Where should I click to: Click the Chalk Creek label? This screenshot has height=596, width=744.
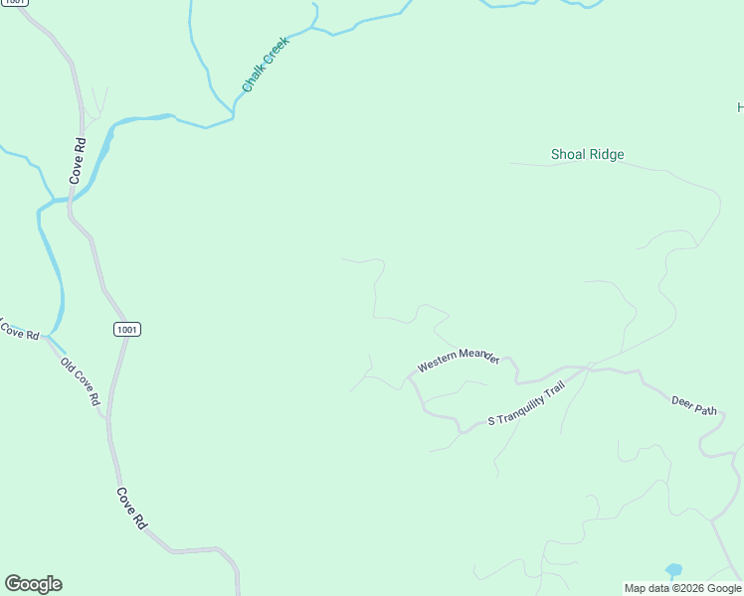tap(265, 66)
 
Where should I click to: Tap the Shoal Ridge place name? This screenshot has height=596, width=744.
tap(587, 154)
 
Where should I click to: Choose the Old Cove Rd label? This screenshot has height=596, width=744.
tap(81, 380)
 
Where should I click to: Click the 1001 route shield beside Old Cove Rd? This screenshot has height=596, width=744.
tap(126, 329)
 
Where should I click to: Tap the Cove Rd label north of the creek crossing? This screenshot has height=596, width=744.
tap(78, 159)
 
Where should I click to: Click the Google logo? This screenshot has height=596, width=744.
tap(33, 584)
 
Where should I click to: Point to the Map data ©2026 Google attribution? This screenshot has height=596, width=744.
tap(682, 588)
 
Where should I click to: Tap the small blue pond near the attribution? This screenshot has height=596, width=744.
tap(674, 570)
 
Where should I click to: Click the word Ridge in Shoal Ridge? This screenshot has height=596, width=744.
tap(606, 154)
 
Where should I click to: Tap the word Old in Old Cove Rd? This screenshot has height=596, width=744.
tap(68, 365)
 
